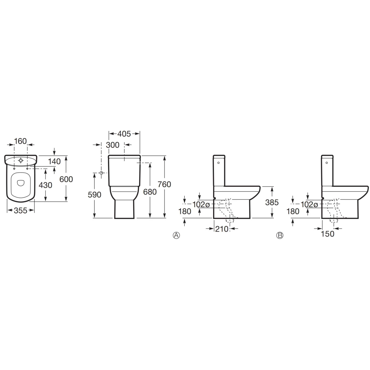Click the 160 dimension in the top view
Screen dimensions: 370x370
(20, 141)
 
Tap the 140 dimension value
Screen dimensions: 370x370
(54, 162)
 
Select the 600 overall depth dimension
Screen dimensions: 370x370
(66, 179)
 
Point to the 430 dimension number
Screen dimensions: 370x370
(45, 185)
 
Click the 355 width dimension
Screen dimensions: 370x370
(21, 211)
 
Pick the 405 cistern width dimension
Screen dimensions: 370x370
(124, 134)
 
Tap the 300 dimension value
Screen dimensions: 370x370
(113, 145)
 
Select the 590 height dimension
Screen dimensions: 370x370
(94, 195)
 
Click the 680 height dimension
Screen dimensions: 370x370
(150, 192)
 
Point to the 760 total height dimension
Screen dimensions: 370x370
(164, 184)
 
